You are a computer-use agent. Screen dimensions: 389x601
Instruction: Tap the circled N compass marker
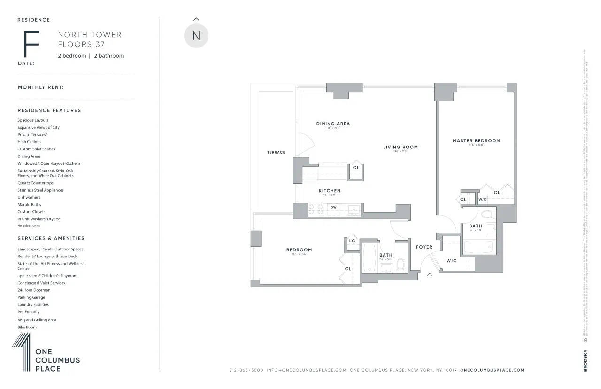(196, 36)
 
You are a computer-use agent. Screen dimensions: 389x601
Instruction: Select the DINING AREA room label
(333, 124)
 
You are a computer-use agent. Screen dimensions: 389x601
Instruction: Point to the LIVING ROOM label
(400, 147)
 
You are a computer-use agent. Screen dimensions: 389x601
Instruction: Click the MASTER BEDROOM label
(476, 140)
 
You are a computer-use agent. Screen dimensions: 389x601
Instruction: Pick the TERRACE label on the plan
(276, 152)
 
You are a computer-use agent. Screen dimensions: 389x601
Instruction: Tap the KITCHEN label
(329, 191)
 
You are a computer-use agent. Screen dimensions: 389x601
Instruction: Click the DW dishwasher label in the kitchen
(333, 207)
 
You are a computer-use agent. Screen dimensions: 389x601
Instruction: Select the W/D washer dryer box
(482, 199)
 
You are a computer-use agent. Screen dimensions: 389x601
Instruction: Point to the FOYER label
(424, 247)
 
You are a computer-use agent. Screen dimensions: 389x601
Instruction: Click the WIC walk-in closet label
(451, 261)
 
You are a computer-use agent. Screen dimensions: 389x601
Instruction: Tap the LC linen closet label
(352, 241)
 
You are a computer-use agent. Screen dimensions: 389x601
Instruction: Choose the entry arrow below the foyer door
(429, 275)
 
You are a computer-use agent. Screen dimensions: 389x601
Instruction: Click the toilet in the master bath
(486, 215)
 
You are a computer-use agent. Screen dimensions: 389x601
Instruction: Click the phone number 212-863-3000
(246, 370)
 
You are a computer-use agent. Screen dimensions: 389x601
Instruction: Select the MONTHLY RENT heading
(41, 87)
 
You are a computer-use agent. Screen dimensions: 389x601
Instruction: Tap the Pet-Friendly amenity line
(29, 312)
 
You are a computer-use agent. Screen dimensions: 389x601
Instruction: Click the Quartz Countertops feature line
(36, 183)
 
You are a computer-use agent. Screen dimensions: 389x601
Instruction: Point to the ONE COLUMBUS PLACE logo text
(57, 361)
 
